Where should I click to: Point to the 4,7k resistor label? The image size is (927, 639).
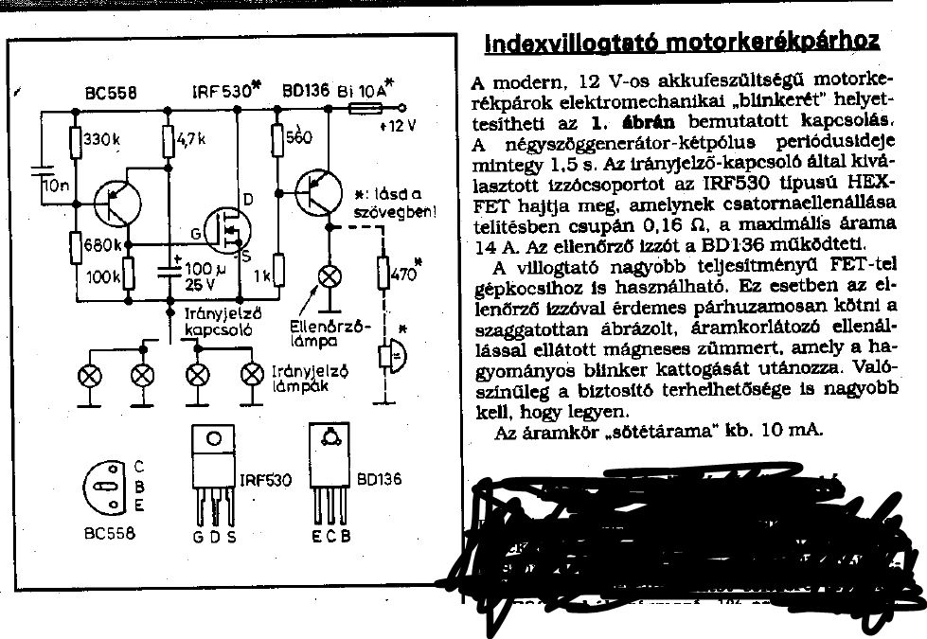tap(196, 138)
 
